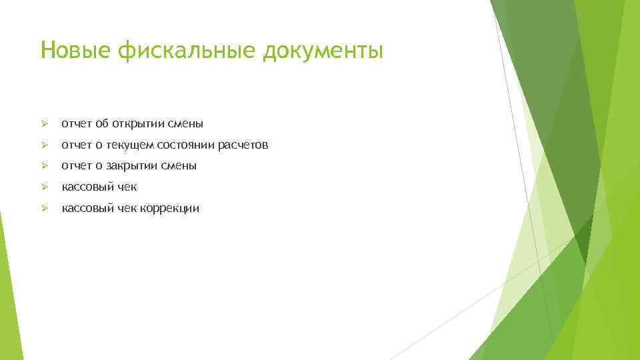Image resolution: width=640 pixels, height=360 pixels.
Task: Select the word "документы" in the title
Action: [323, 51]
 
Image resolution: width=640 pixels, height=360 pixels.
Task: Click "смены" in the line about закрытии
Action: [179, 166]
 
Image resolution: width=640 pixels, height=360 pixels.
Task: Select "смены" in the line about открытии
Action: [186, 123]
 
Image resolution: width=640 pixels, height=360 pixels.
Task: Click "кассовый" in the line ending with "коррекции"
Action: [86, 209]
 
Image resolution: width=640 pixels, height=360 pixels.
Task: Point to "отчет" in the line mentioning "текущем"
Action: [77, 145]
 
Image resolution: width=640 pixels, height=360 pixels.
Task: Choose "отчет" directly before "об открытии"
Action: [77, 123]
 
